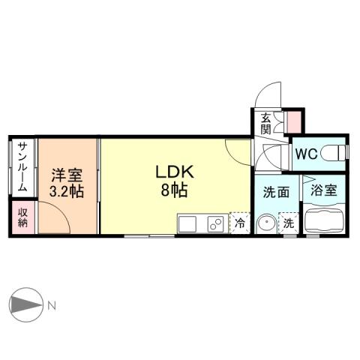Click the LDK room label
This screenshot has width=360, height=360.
pos(175,172)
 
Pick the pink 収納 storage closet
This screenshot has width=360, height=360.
pos(22,217)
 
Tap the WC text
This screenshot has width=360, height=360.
pos(305,154)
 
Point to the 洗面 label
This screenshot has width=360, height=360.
pos(275,192)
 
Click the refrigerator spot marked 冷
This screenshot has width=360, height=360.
pos(240,223)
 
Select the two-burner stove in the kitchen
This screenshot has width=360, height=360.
pos(214,223)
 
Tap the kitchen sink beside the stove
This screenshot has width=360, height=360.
pos(188,223)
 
